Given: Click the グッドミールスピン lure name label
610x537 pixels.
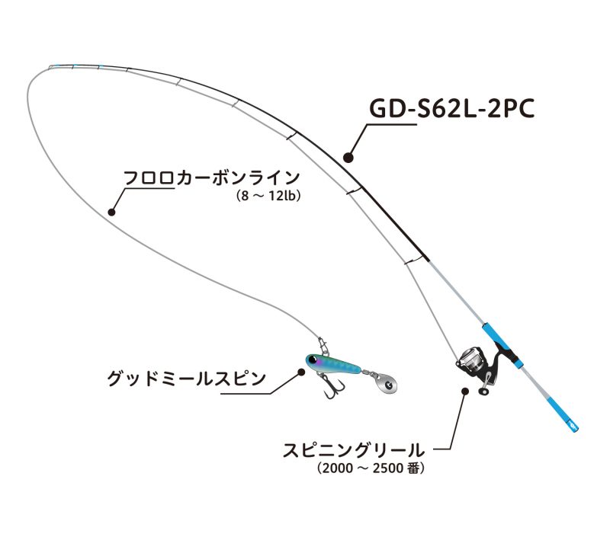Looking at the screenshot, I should click(x=186, y=378).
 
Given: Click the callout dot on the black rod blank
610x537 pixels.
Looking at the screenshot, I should click(x=348, y=158).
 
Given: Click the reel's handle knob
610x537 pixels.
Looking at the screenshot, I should click(x=483, y=392).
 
